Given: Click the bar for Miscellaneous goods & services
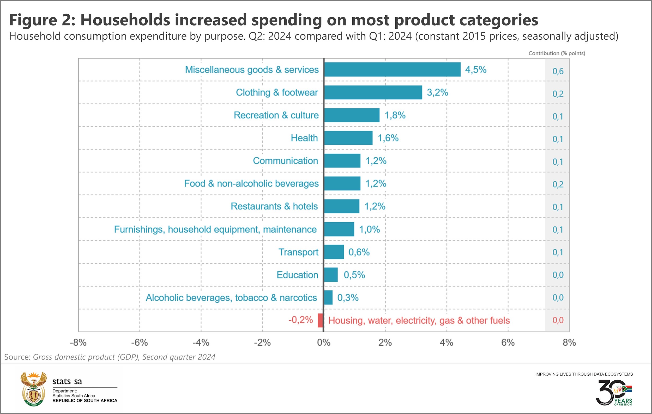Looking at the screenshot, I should [392, 69].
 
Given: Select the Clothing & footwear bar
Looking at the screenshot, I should [373, 92].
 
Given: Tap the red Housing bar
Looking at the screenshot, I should [321, 320].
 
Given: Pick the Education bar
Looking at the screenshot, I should [331, 275].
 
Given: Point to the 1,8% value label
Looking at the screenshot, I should [395, 115].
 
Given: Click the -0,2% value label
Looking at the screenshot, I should [300, 320].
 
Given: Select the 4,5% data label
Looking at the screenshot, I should [475, 70].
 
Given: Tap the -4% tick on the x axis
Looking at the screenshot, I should [201, 343].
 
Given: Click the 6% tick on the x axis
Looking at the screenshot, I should [508, 343].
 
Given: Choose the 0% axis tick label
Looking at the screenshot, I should [324, 343].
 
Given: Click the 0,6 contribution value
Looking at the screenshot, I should [558, 71].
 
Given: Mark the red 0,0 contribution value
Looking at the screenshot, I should [558, 320].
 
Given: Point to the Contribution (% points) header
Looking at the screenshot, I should [557, 53].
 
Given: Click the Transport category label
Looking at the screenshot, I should [298, 252].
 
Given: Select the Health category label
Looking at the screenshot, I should [304, 138].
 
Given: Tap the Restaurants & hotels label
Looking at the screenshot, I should [274, 206].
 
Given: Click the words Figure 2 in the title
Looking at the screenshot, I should [42, 20].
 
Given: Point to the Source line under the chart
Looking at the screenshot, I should [110, 357].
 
